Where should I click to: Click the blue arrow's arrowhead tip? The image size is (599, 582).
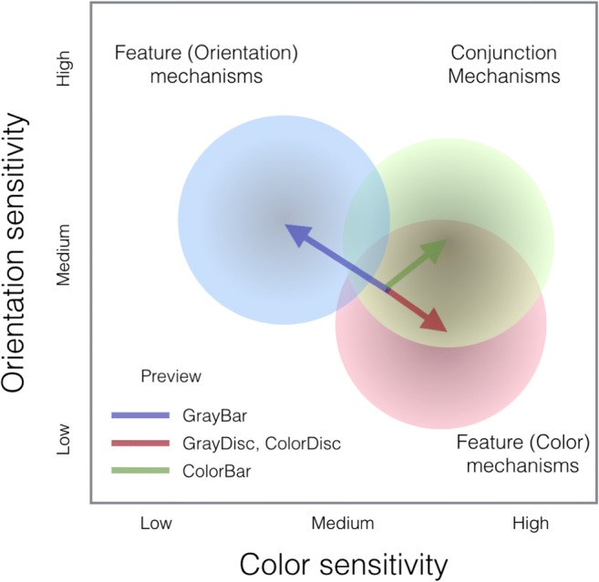pos(287,226)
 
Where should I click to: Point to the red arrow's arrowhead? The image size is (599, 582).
pos(444,329)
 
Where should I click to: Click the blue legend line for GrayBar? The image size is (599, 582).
pos(140,415)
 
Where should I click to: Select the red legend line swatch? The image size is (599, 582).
pos(140,444)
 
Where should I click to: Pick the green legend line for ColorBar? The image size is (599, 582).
pos(140,470)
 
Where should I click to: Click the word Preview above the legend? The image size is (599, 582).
pos(171,376)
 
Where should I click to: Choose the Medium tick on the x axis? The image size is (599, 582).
pos(343,524)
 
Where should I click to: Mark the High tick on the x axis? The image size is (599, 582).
pos(531,524)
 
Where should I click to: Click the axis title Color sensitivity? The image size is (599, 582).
pos(344,562)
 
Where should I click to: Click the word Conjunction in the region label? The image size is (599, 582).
pos(503,54)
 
